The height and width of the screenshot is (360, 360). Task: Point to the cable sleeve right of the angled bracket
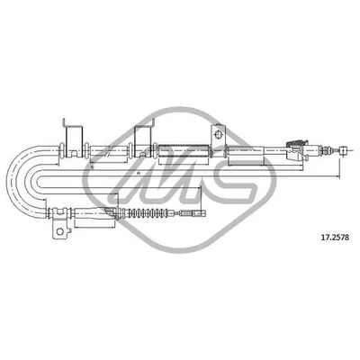(x=252, y=150)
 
